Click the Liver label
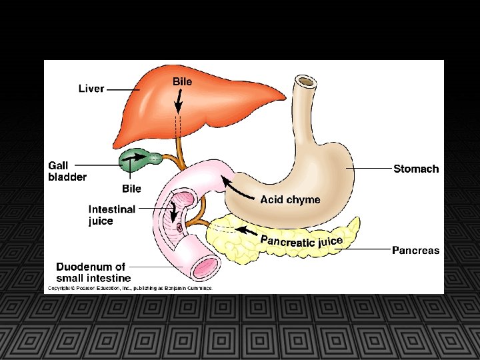pyautogui.click(x=91, y=88)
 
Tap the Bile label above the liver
pyautogui.click(x=182, y=81)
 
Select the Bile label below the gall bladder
pyautogui.click(x=131, y=189)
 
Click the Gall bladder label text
pyautogui.click(x=67, y=171)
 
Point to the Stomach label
pyautogui.click(x=416, y=169)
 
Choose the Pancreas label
pyautogui.click(x=415, y=251)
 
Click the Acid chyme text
pyautogui.click(x=290, y=199)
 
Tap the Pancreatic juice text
pyautogui.click(x=301, y=240)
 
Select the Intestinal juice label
pyautogui.click(x=111, y=215)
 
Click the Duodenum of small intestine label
pyautogui.click(x=93, y=272)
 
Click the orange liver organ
pyautogui.click(x=200, y=110)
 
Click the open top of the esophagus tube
pyautogui.click(x=306, y=82)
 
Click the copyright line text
pyautogui.click(x=129, y=288)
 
